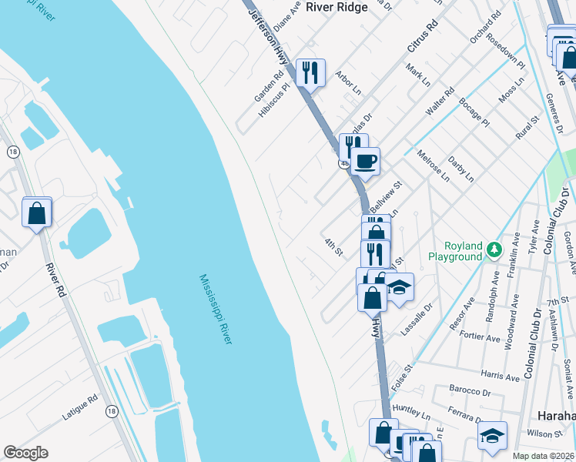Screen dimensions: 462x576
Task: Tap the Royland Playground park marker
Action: click(494, 249)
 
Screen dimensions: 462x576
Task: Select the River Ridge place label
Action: click(337, 6)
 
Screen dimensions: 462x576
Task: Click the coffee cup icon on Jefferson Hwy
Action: click(367, 162)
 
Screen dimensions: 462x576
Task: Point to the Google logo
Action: click(25, 453)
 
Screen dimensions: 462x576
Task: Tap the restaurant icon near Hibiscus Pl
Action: click(310, 73)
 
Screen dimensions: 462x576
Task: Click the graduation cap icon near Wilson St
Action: click(492, 435)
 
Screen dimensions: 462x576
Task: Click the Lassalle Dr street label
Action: click(417, 323)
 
